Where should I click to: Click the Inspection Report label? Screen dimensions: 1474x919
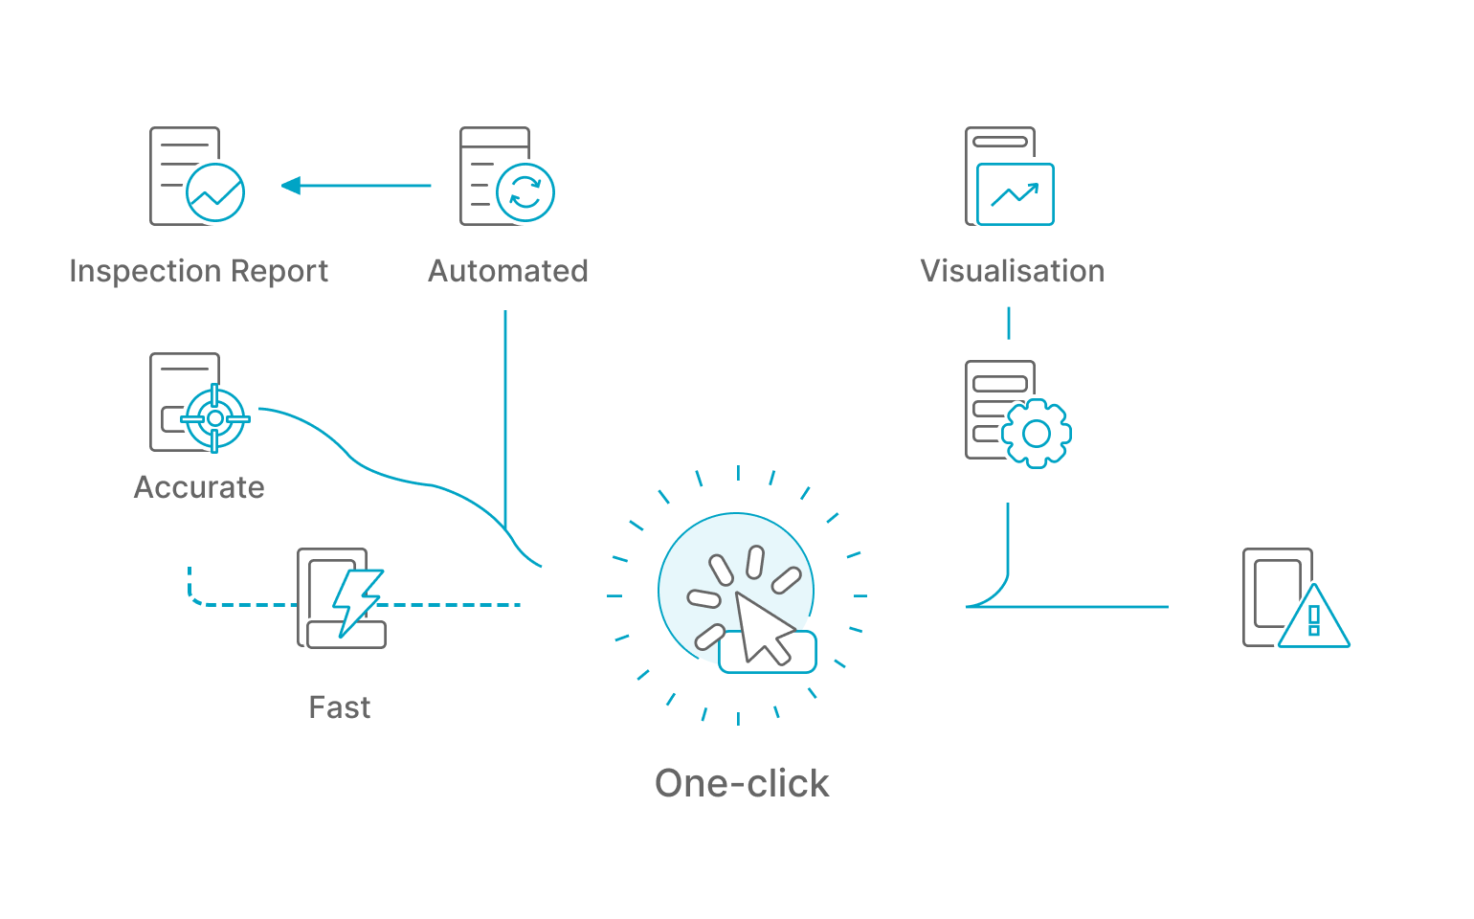(x=199, y=272)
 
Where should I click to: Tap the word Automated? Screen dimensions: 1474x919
(x=508, y=271)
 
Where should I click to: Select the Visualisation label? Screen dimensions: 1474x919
(x=1012, y=271)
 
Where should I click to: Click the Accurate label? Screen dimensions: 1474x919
(x=199, y=488)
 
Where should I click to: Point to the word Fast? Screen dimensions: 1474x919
(x=340, y=707)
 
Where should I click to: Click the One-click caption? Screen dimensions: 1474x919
(x=742, y=783)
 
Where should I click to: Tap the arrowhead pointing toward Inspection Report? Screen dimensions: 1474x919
(x=291, y=186)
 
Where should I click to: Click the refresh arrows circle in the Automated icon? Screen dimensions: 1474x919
(x=525, y=192)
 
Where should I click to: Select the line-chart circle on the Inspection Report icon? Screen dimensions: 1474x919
(x=215, y=192)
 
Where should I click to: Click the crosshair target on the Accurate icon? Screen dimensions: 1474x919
(x=215, y=418)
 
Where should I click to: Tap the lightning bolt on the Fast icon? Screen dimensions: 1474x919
(x=357, y=603)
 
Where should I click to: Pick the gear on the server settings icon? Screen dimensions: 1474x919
(x=1037, y=434)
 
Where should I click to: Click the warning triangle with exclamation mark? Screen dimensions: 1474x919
(x=1313, y=616)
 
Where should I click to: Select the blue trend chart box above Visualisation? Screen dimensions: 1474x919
(x=1016, y=194)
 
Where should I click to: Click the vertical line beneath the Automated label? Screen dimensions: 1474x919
(x=505, y=419)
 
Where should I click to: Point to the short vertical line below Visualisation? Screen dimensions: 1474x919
(x=1009, y=324)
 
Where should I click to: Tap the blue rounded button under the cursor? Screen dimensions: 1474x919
(x=768, y=652)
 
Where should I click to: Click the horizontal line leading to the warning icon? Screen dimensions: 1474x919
(x=1067, y=607)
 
